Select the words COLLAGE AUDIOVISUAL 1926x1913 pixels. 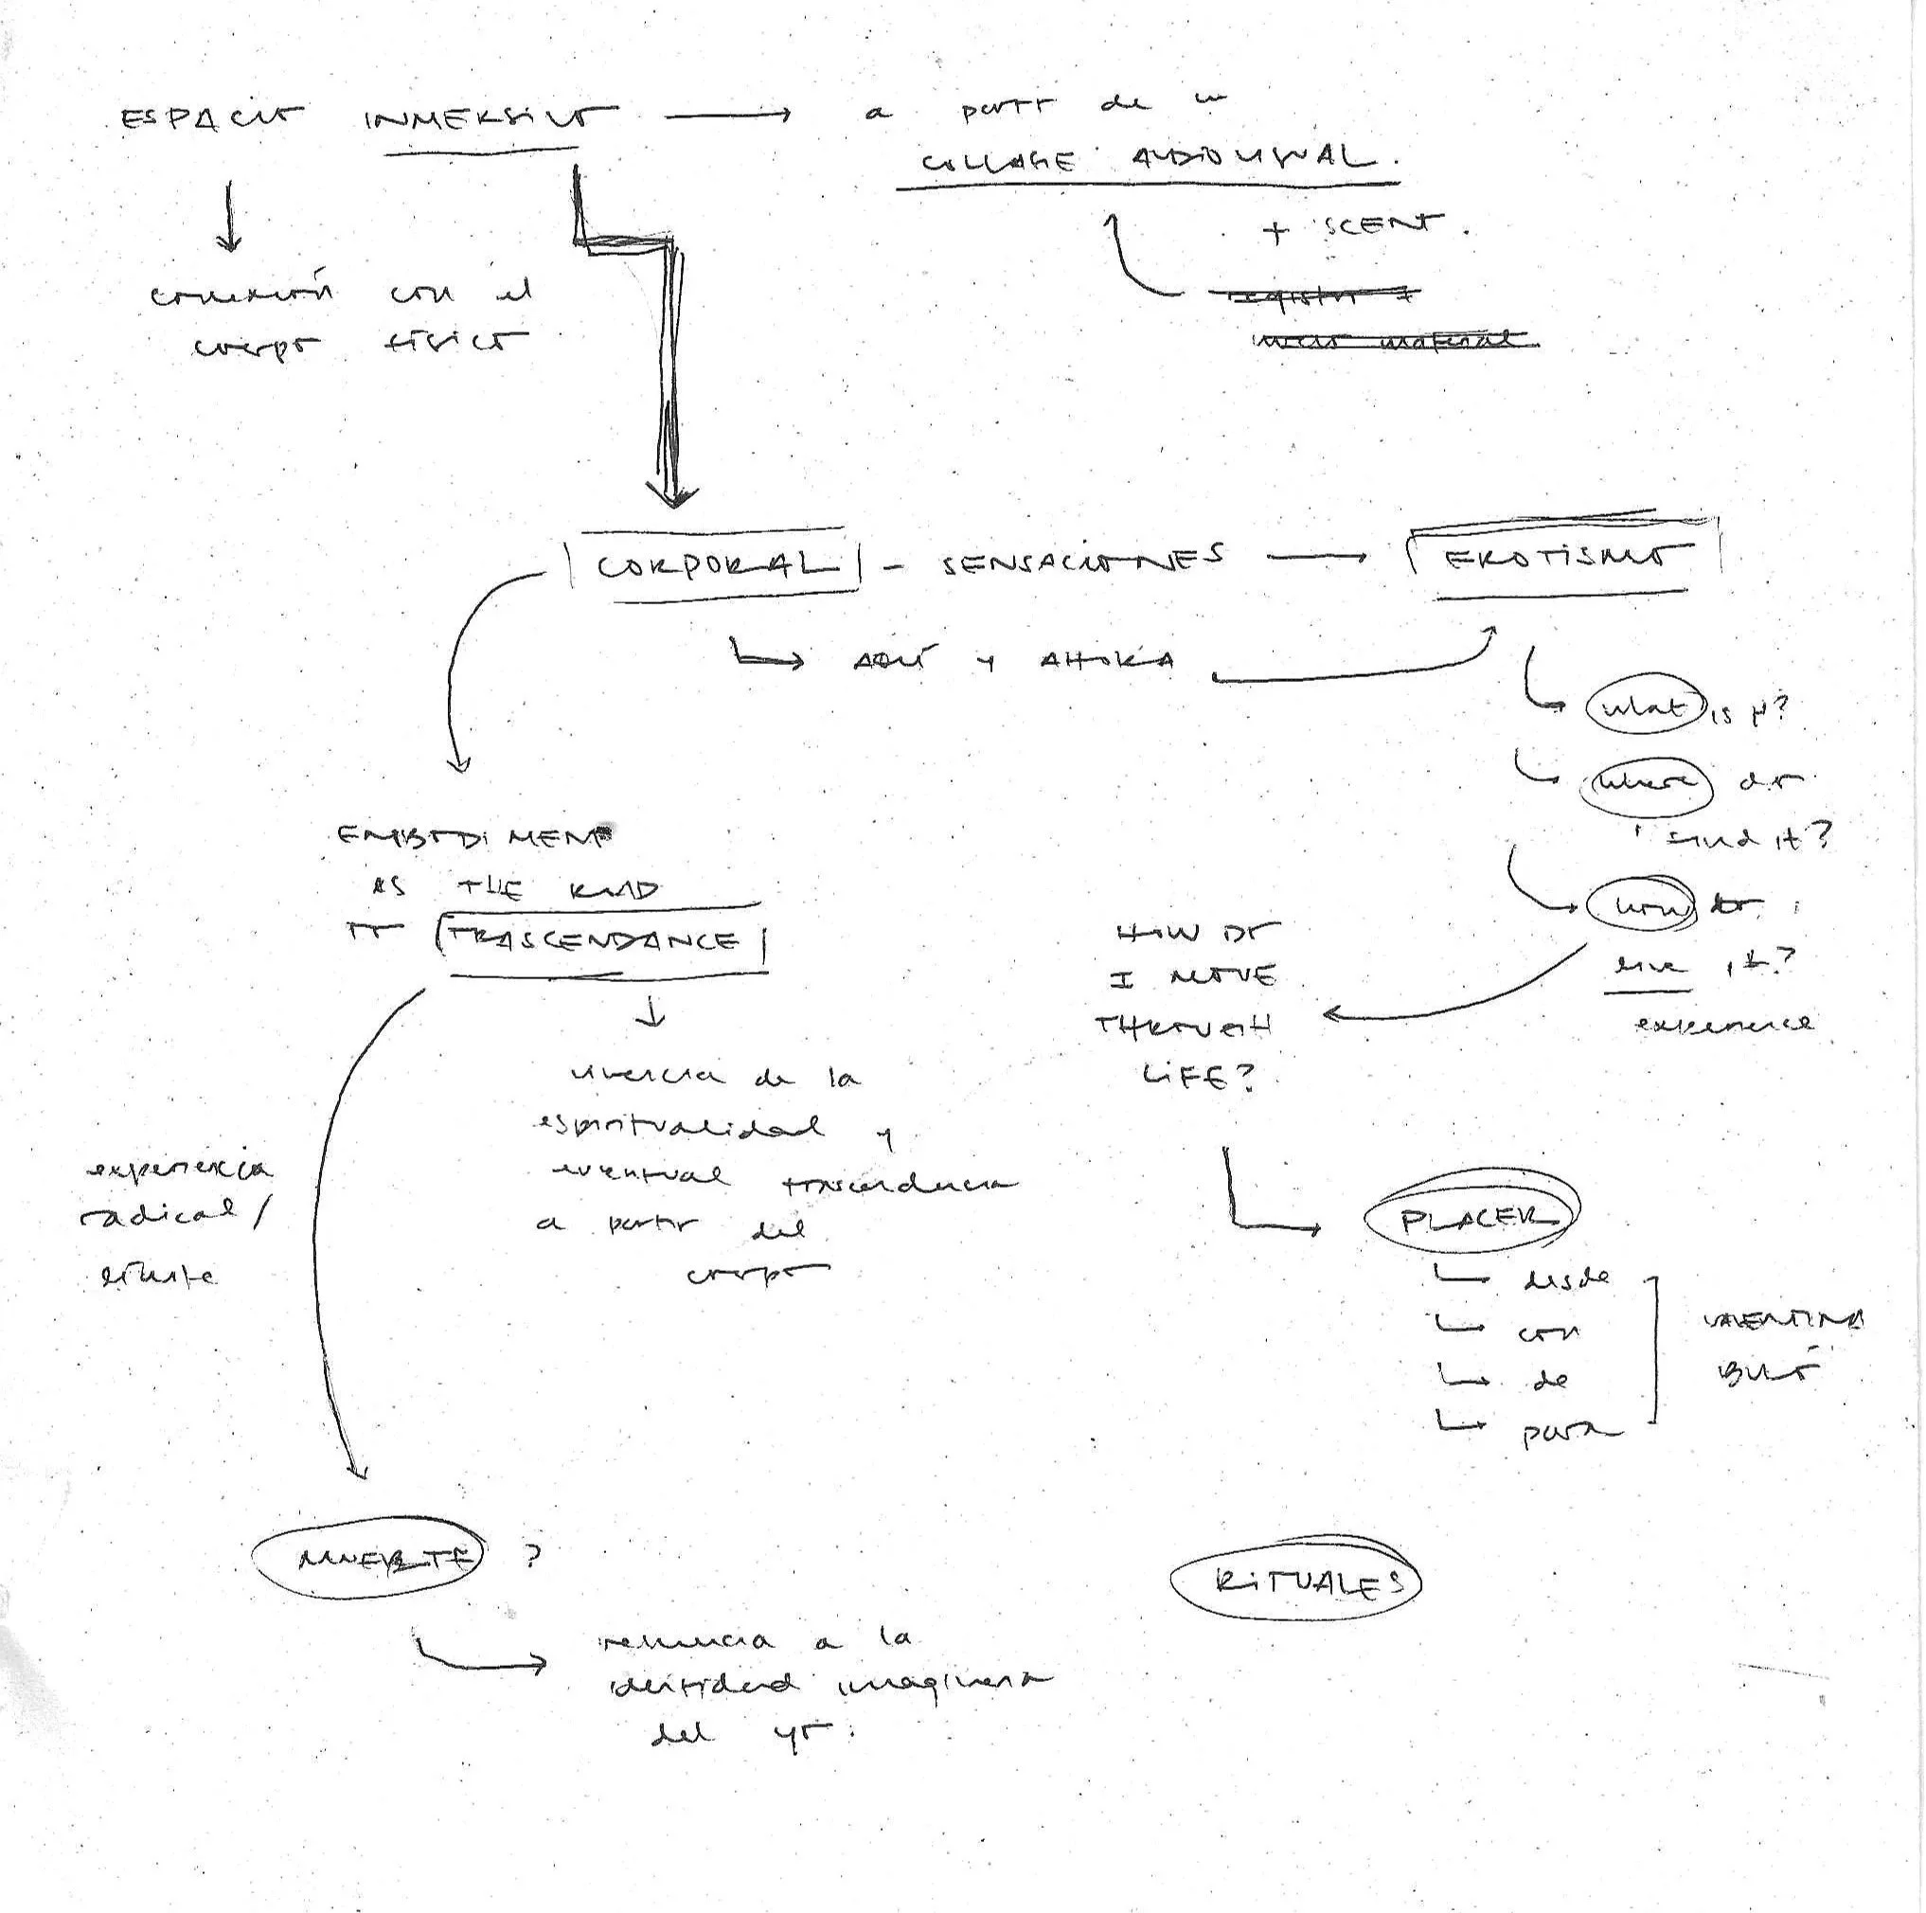[x=1147, y=158]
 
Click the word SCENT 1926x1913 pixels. [x=1383, y=226]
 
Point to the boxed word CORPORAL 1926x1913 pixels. [x=717, y=565]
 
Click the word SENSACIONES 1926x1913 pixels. [x=1082, y=562]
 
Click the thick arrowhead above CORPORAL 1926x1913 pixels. [x=672, y=492]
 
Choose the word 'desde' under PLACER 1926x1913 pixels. [x=1565, y=1280]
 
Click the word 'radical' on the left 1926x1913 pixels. [x=159, y=1213]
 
